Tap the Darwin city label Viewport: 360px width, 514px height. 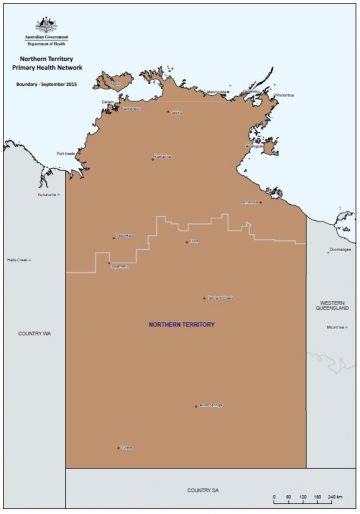108,101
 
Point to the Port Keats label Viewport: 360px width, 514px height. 67,153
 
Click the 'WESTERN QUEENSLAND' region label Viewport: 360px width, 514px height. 332,306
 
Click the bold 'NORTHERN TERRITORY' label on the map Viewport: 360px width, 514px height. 181,325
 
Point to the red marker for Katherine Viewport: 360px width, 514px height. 152,158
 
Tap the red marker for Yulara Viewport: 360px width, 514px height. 119,448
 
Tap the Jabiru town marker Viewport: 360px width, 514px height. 167,112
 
